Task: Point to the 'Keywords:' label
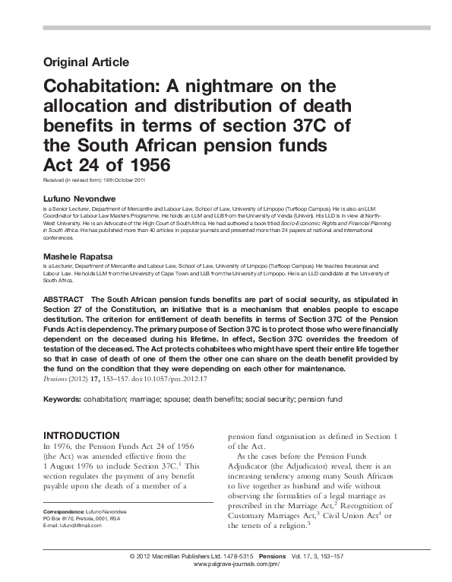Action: pyautogui.click(x=62, y=399)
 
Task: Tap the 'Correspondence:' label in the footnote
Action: pyautogui.click(x=64, y=526)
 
